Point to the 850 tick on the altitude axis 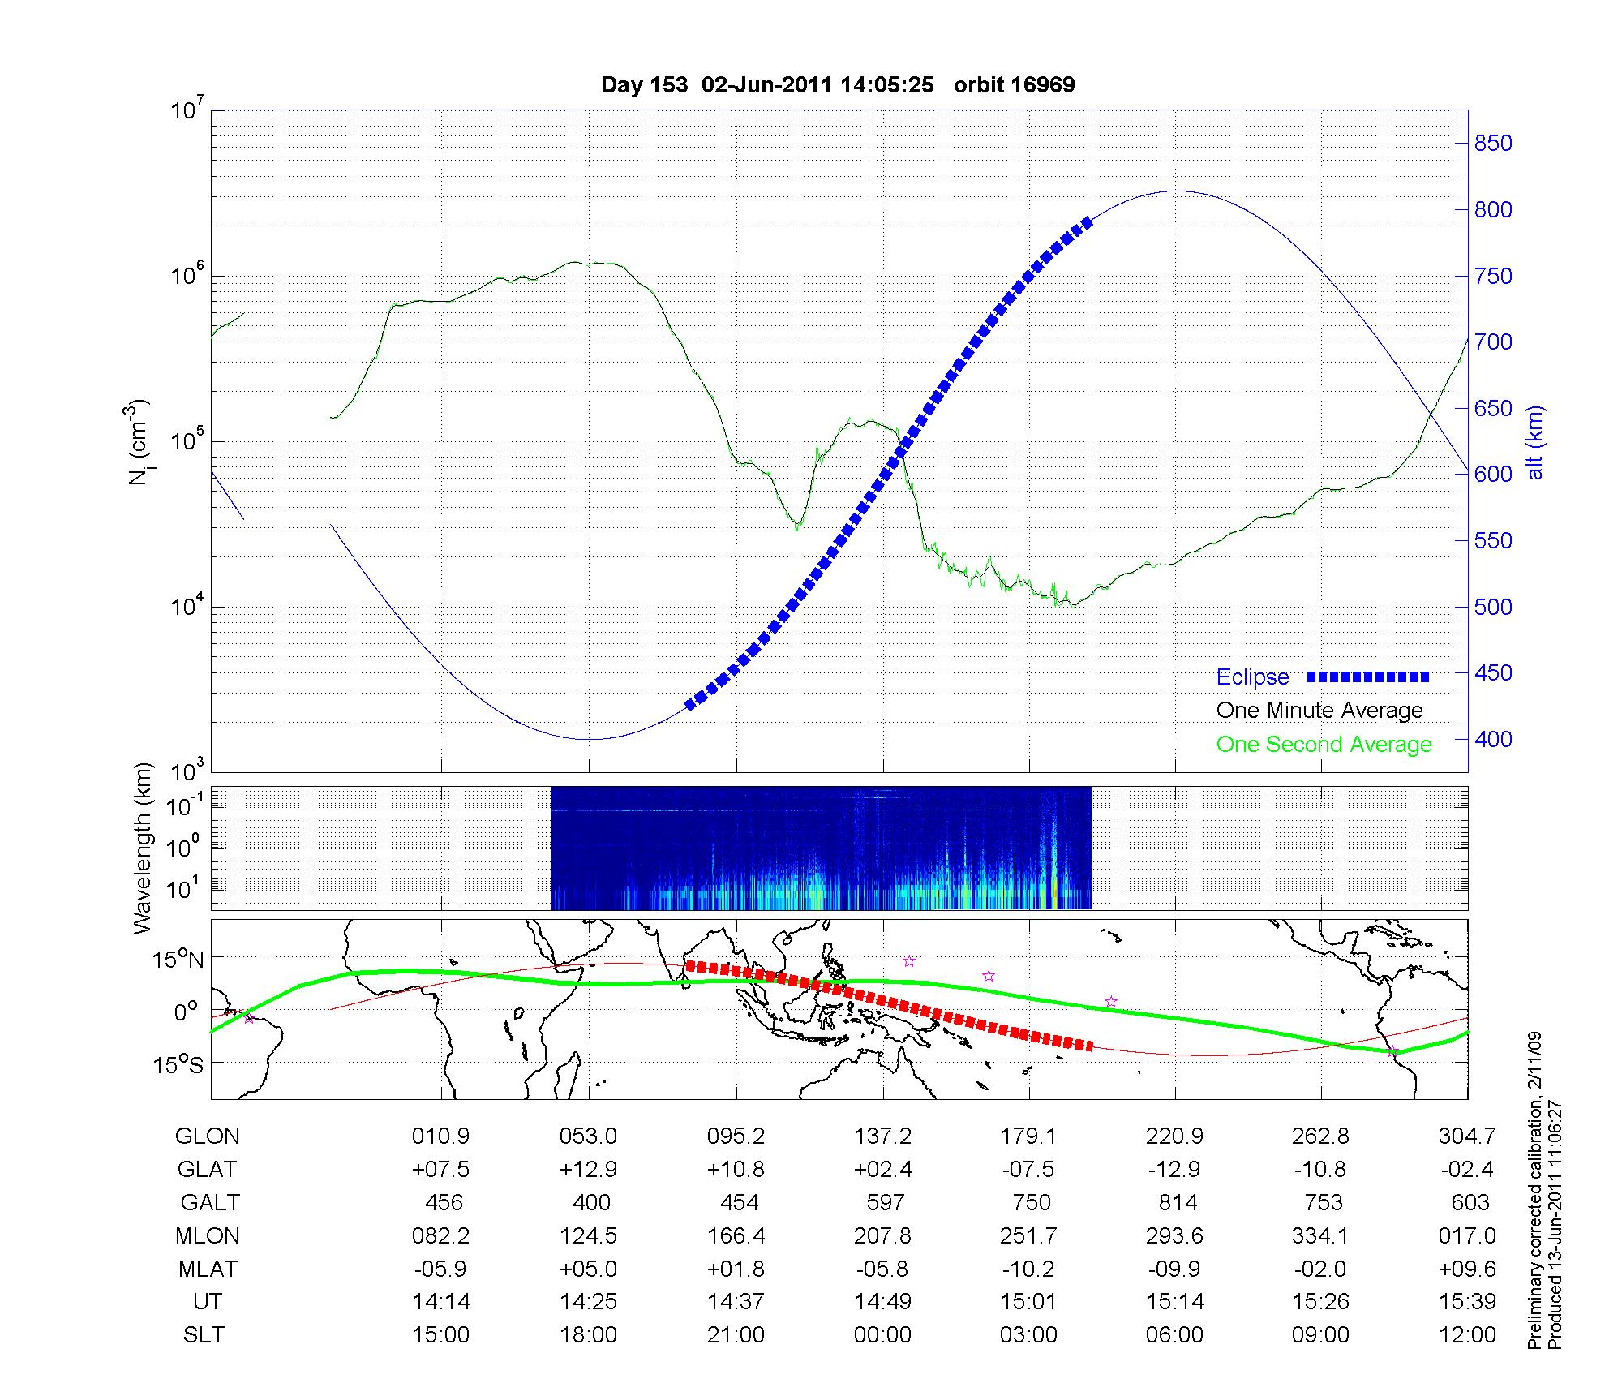click(1493, 144)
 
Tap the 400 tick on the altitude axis click(1493, 739)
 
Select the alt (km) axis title click(1535, 443)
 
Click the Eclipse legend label click(1252, 677)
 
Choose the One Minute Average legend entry click(1319, 711)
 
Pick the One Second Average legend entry click(1324, 745)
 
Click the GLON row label click(207, 1136)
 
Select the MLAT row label click(208, 1269)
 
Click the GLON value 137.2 click(882, 1136)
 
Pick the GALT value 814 click(1178, 1202)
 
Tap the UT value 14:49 click(882, 1301)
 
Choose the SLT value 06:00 click(1174, 1334)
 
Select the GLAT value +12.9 click(588, 1169)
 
